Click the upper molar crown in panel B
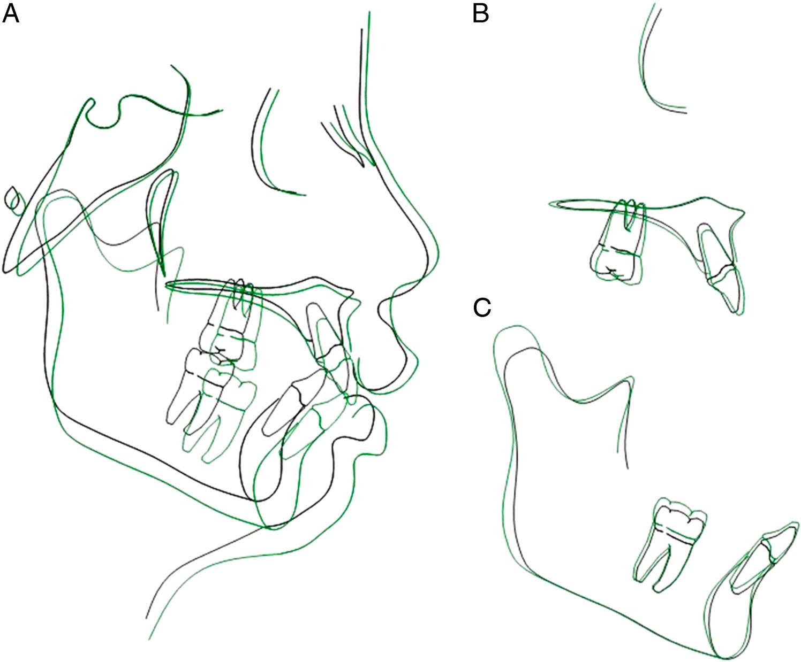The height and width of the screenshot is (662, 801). (x=616, y=262)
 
